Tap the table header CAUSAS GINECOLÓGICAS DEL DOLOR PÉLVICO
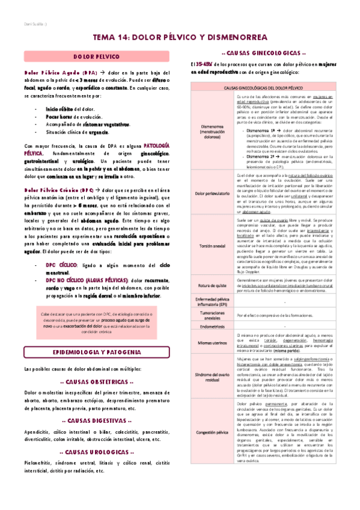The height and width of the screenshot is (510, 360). pos(267,88)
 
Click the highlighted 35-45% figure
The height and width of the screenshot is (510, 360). pos(204,63)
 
